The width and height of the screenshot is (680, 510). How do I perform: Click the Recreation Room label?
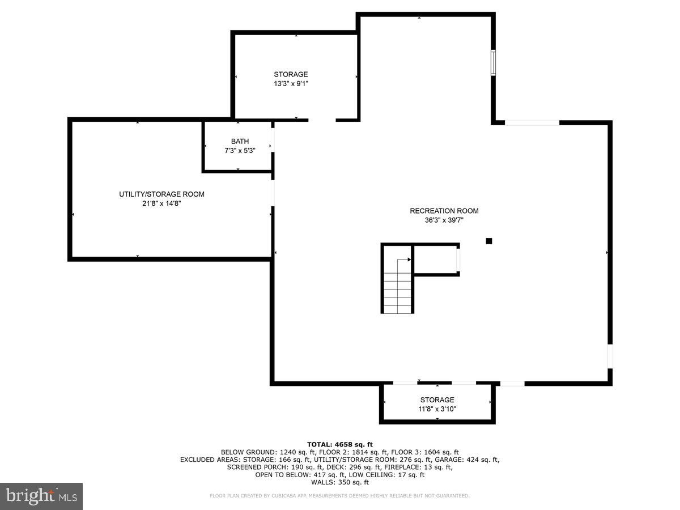pyautogui.click(x=444, y=211)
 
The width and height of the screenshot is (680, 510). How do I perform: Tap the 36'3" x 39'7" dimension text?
pyautogui.click(x=444, y=221)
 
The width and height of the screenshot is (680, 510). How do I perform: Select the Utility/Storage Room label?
pyautogui.click(x=161, y=194)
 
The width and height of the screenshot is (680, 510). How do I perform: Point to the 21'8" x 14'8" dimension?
pyautogui.click(x=161, y=203)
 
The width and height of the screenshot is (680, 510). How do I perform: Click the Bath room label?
pyautogui.click(x=239, y=142)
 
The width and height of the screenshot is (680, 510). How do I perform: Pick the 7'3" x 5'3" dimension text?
pyautogui.click(x=239, y=151)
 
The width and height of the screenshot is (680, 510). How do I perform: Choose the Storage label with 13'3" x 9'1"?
pyautogui.click(x=291, y=74)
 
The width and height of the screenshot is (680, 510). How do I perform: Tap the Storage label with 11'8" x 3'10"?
pyautogui.click(x=437, y=400)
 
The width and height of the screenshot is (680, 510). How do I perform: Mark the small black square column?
pyautogui.click(x=489, y=241)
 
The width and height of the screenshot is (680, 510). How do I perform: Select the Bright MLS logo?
pyautogui.click(x=41, y=496)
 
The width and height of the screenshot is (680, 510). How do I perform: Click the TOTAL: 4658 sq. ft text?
pyautogui.click(x=340, y=444)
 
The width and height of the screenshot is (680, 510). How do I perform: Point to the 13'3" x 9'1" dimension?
pyautogui.click(x=291, y=83)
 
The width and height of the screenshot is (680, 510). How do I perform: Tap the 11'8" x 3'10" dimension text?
pyautogui.click(x=437, y=409)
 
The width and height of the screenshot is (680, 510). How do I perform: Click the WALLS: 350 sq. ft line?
pyautogui.click(x=340, y=483)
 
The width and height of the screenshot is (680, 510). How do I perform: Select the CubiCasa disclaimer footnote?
pyautogui.click(x=340, y=496)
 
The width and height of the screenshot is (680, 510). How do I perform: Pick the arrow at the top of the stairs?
pyautogui.click(x=407, y=260)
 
